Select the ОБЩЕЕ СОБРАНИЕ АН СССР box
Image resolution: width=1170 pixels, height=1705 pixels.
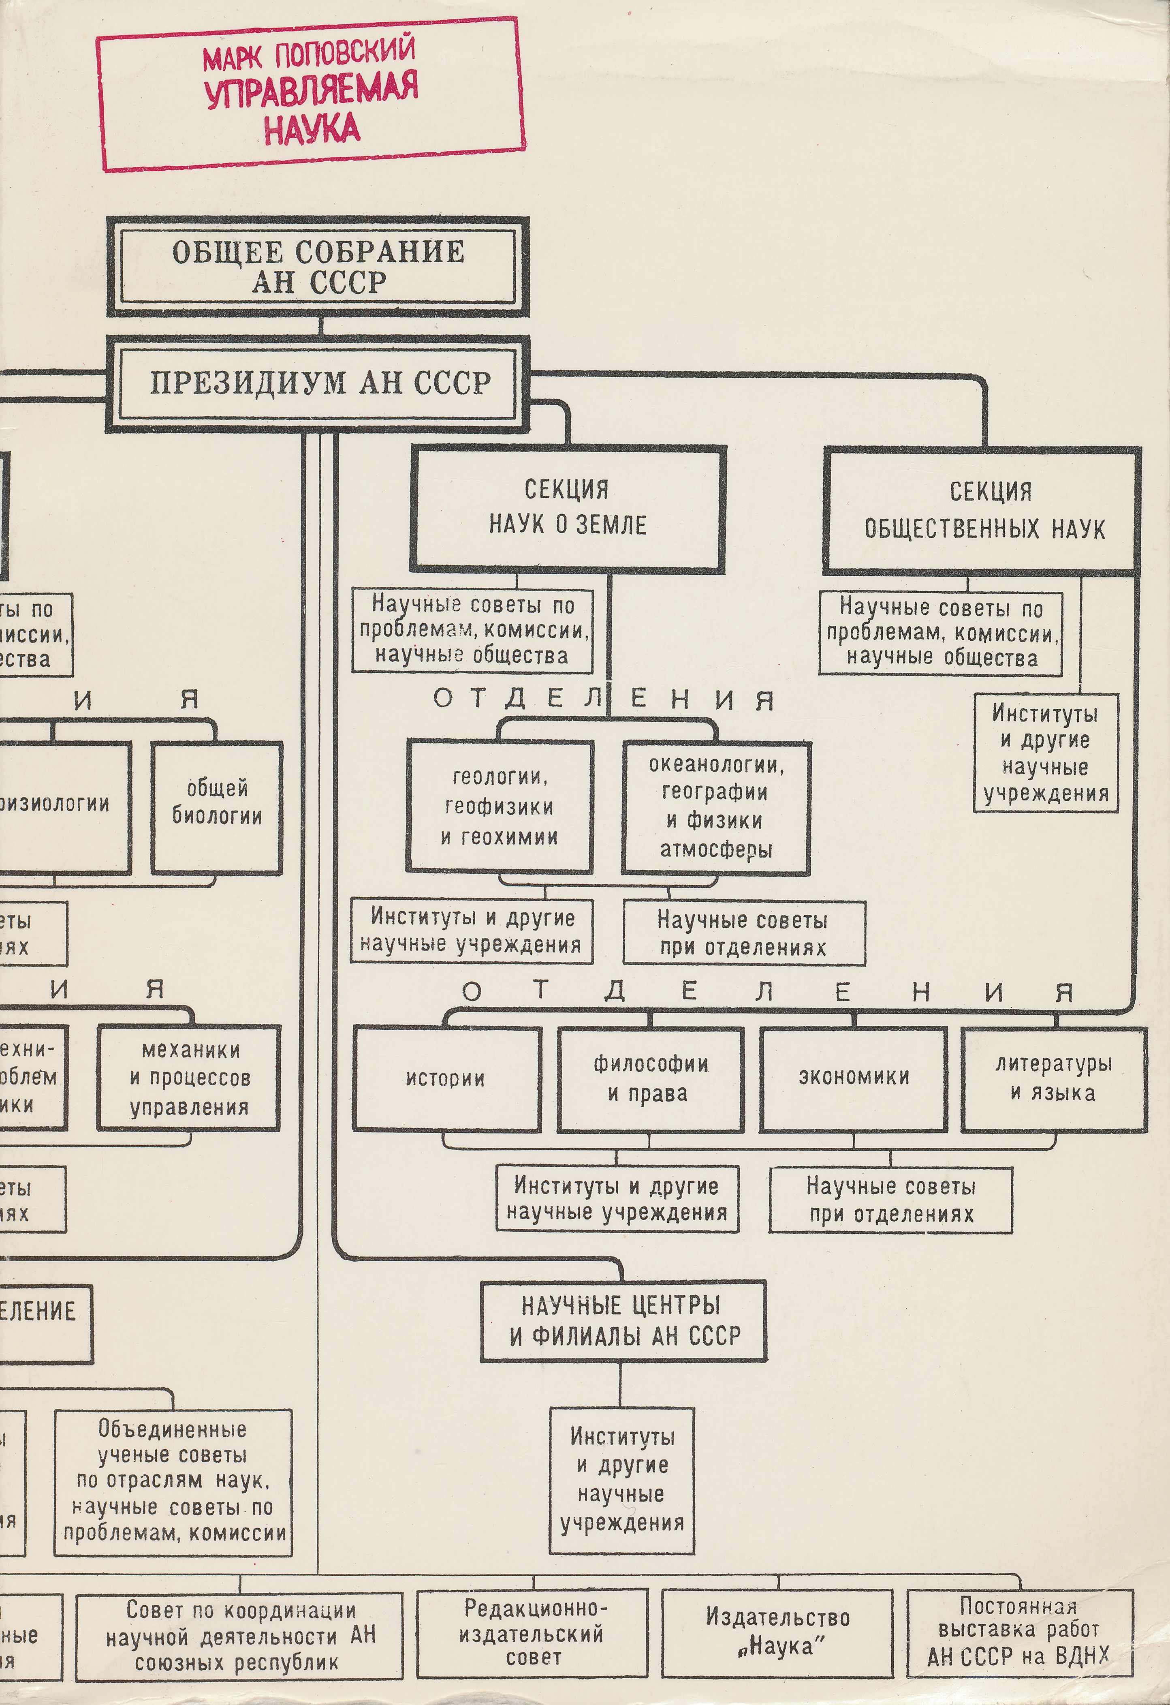[x=318, y=266]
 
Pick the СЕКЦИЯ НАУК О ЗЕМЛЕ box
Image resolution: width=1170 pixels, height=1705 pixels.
[x=568, y=508]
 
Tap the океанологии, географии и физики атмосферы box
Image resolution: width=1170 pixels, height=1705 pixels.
[x=716, y=806]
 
